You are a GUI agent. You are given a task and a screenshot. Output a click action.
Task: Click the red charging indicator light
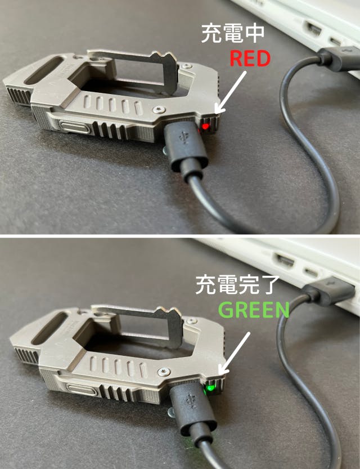coord(205,126)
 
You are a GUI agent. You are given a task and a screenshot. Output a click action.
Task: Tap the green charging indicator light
coord(210,388)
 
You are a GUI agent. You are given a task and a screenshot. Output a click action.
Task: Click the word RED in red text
coord(250,59)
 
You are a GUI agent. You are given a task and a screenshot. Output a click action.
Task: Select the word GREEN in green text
coord(254,310)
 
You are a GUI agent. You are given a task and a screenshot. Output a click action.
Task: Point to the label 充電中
coord(233,34)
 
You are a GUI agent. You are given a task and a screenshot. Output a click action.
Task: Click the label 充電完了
coord(237,285)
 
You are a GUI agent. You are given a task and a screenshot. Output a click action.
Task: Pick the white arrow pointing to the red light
coord(231,92)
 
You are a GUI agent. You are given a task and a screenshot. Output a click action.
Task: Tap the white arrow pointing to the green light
coord(234,353)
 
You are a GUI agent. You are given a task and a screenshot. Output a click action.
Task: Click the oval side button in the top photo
coord(75,127)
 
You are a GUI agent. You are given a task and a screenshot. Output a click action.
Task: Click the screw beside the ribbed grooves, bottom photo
coord(164,372)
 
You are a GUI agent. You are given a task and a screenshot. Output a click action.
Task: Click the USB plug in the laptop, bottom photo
coord(328,291)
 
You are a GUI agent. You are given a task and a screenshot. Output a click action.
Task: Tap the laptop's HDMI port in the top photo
coord(314,29)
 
